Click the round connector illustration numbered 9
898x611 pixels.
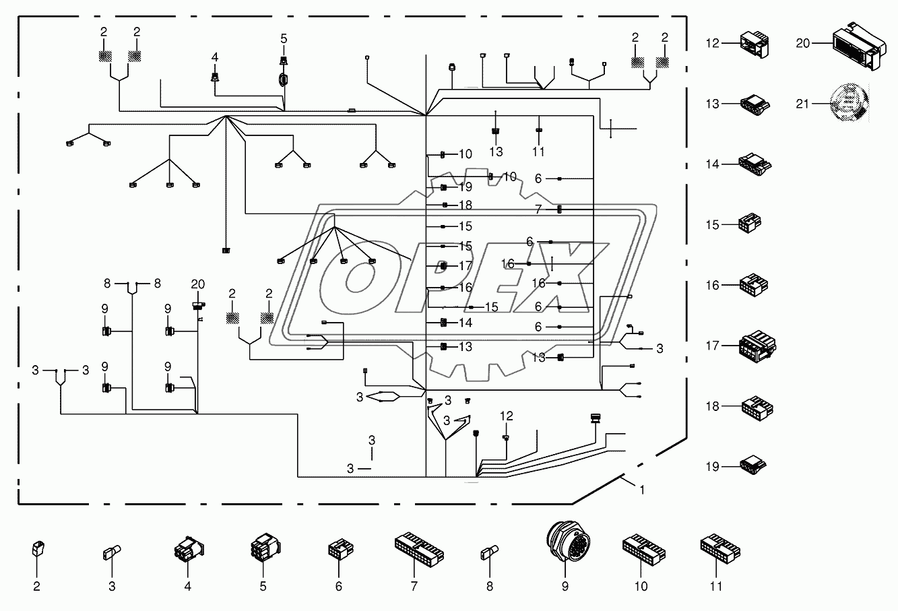click(x=568, y=541)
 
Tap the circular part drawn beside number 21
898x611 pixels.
click(x=849, y=102)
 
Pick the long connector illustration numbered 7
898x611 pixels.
click(x=419, y=549)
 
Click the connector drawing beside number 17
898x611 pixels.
click(x=757, y=346)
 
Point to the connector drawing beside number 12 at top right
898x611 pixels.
click(x=755, y=44)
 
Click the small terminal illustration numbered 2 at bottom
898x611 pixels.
click(x=38, y=548)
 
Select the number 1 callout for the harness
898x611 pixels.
click(x=642, y=490)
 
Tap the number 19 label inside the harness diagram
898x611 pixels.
click(x=466, y=187)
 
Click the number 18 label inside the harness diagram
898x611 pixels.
click(x=466, y=205)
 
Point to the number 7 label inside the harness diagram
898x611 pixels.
click(x=538, y=210)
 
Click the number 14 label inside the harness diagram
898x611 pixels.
click(x=466, y=323)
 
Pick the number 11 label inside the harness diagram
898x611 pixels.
click(x=538, y=152)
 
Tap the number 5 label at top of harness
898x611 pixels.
click(x=284, y=39)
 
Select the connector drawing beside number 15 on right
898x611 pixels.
click(x=750, y=223)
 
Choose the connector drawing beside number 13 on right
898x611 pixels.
click(x=755, y=104)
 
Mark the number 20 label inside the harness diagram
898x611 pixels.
click(x=197, y=284)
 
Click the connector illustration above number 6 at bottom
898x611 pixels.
click(x=341, y=549)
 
